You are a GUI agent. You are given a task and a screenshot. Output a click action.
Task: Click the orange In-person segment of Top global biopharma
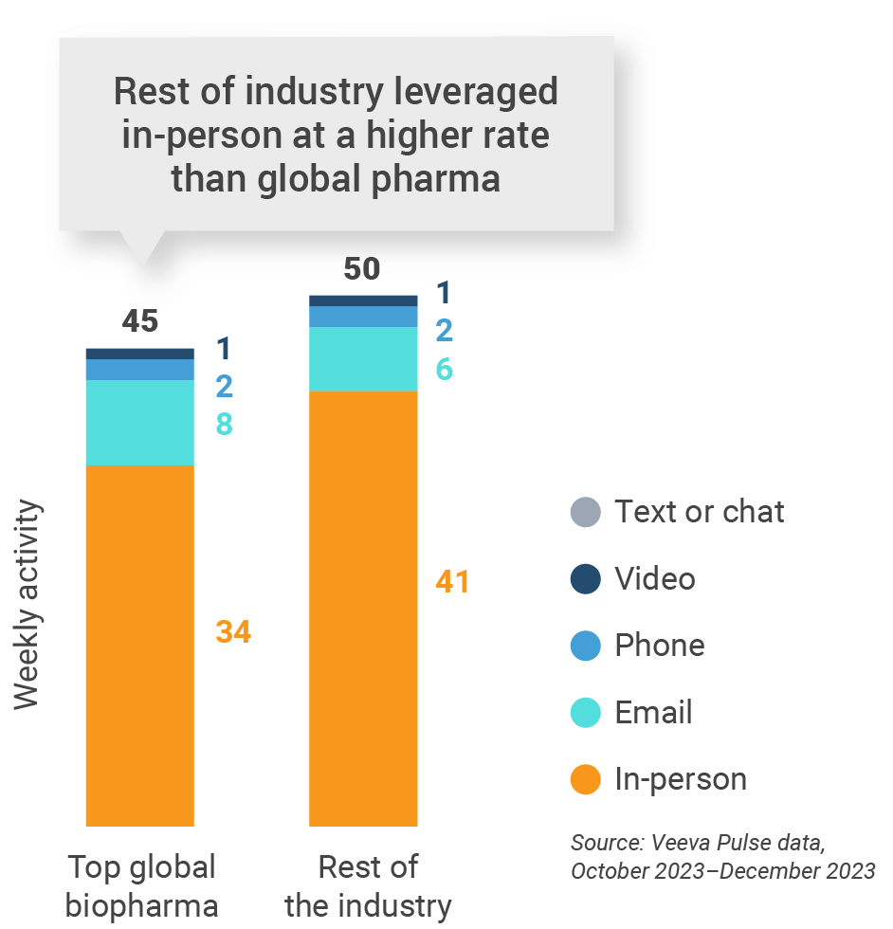[x=140, y=645]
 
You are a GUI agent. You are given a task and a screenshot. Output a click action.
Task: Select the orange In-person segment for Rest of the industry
[x=364, y=607]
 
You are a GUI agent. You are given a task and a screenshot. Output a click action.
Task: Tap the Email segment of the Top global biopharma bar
[x=140, y=423]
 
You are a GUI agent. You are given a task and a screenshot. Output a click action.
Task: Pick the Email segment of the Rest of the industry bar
[x=364, y=358]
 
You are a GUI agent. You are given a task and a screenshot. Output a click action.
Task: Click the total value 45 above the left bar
[x=140, y=321]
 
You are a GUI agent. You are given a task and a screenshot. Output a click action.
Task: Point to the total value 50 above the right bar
[x=361, y=269]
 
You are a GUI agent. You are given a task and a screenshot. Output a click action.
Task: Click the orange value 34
[x=233, y=632]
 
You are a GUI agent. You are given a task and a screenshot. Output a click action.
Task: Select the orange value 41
[x=452, y=582]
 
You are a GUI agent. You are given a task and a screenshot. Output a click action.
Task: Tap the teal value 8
[x=224, y=424]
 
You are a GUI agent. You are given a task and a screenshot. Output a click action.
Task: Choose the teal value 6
[x=444, y=369]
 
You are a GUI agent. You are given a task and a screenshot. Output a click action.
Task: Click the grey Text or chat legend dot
[x=585, y=513]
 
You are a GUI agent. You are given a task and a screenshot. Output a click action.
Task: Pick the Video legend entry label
[x=654, y=578]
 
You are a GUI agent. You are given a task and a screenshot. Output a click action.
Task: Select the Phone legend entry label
[x=659, y=646]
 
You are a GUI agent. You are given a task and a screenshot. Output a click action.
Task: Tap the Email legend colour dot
[x=585, y=713]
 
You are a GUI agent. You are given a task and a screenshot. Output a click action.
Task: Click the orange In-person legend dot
[x=585, y=780]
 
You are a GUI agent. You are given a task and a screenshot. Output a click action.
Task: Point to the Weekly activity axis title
[x=28, y=603]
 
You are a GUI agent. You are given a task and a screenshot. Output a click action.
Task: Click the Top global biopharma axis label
[x=141, y=885]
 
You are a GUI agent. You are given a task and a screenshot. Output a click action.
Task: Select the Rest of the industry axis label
[x=368, y=885]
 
